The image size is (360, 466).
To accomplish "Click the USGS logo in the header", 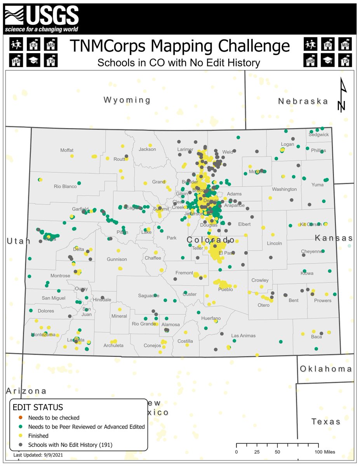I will coord(42,18).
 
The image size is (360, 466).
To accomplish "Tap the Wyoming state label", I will coord(127,100).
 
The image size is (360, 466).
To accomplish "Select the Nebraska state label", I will coord(303,101).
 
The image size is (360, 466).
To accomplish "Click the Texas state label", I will coord(326,421).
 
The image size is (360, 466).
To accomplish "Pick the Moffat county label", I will coord(67,150).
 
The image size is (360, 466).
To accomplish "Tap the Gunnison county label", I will coord(117,259).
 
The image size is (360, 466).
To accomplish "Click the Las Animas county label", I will coord(243,336).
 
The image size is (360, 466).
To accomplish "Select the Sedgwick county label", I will coord(318,135).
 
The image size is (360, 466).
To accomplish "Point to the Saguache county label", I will coord(148,296).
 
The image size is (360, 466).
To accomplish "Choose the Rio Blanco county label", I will coord(65,186).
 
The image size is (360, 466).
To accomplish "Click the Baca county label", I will coord(316,337).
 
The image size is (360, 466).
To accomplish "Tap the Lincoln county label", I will coord(275,243).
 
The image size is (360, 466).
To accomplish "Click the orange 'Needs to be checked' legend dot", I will coord(21,418).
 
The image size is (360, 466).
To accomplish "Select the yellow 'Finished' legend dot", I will coord(21,436).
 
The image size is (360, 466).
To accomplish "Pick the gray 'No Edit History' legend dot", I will coord(21,445).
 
